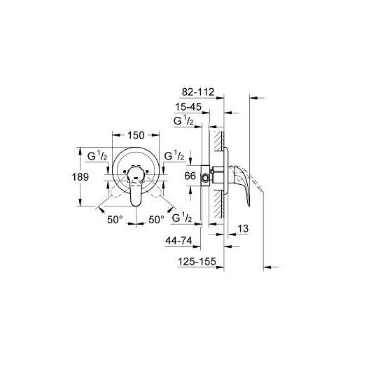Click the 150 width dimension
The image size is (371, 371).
click(136, 135)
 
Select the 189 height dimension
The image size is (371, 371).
click(80, 176)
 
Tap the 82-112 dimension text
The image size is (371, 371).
click(198, 92)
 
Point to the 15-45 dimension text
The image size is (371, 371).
click(188, 107)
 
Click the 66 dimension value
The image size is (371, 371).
click(190, 176)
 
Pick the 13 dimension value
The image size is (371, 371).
click(243, 229)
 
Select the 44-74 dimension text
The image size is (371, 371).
click(178, 241)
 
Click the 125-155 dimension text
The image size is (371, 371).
click(197, 262)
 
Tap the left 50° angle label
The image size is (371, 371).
click(115, 220)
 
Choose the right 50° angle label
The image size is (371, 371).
click(156, 220)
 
